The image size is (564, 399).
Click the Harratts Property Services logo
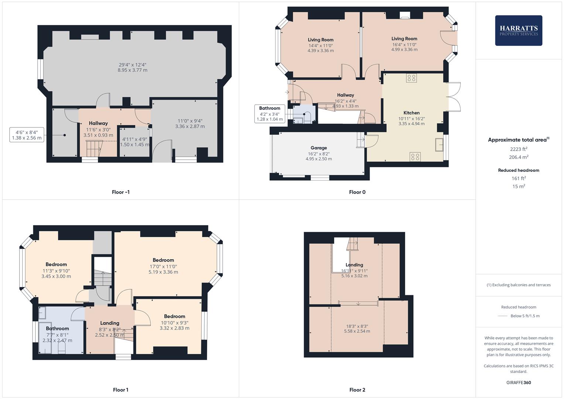point(518,30)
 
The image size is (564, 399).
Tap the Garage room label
point(318,148)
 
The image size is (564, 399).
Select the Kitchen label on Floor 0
point(411,113)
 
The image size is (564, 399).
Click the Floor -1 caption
point(120,192)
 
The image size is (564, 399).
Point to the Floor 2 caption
point(357,390)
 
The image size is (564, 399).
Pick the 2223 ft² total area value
point(518,149)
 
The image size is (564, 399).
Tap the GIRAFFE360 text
point(518,382)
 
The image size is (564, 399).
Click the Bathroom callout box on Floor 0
point(270,113)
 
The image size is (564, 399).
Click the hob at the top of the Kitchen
point(411,78)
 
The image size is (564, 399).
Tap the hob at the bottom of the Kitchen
point(415,157)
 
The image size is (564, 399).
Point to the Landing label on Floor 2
point(354,265)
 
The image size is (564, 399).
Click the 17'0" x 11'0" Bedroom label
point(163,260)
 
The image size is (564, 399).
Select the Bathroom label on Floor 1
point(57,328)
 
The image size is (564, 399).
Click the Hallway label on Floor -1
point(98,123)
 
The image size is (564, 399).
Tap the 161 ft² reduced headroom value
point(518,178)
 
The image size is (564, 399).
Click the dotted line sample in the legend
point(503,316)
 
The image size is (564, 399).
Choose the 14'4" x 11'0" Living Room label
point(321,40)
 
